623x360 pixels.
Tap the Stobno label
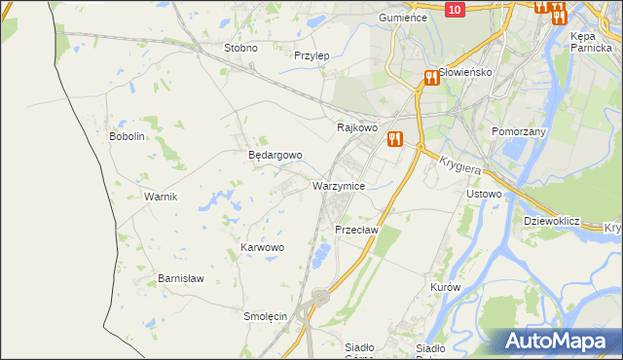click(x=240, y=48)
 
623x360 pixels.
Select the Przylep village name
click(x=311, y=55)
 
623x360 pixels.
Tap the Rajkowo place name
click(x=356, y=127)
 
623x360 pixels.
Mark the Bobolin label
click(x=127, y=136)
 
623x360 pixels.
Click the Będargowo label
click(x=275, y=155)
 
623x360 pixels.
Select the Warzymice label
click(x=339, y=185)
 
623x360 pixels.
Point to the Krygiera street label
click(x=461, y=167)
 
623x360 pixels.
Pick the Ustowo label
click(x=484, y=194)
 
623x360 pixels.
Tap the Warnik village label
click(x=161, y=197)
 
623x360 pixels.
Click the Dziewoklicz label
click(x=551, y=221)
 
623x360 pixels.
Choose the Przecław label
click(x=356, y=230)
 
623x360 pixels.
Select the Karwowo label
click(x=262, y=248)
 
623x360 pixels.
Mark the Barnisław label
click(x=181, y=278)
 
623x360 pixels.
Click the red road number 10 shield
click(x=456, y=9)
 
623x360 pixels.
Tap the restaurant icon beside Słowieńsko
click(x=430, y=78)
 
